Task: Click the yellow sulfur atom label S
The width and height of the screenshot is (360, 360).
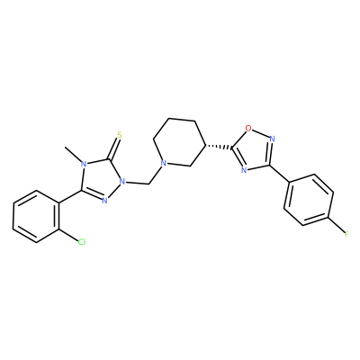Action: click(x=120, y=135)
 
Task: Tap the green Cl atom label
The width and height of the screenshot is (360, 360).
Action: click(x=82, y=241)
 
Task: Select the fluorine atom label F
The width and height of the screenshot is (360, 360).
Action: click(x=346, y=234)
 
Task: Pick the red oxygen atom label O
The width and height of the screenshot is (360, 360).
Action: click(x=248, y=129)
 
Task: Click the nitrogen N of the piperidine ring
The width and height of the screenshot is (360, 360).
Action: click(x=163, y=164)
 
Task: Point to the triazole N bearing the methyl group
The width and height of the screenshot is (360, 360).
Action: click(x=85, y=164)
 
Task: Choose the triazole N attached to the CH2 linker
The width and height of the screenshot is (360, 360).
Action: click(x=121, y=181)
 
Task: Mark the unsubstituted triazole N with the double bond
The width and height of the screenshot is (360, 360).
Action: click(x=104, y=201)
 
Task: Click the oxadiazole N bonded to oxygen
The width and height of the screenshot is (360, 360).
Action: click(x=272, y=139)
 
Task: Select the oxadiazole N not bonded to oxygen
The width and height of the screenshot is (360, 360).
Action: click(x=244, y=170)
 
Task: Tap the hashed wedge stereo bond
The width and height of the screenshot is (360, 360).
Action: click(x=218, y=147)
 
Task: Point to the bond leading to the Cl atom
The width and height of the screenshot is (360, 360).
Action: click(x=67, y=235)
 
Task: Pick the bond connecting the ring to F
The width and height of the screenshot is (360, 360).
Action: click(x=337, y=223)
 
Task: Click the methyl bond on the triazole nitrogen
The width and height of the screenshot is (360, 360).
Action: click(x=73, y=153)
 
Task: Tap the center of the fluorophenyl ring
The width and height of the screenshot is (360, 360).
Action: click(x=309, y=200)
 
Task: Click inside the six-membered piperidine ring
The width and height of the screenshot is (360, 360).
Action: click(x=179, y=143)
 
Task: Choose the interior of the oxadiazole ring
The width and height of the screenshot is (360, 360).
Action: click(x=253, y=150)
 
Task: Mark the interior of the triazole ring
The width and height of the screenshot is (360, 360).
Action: click(x=102, y=178)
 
